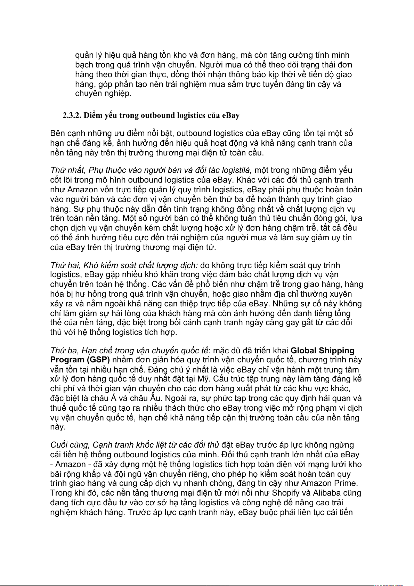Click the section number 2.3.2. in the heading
[x=72, y=115]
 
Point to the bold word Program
[x=66, y=360]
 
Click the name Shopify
[x=286, y=493]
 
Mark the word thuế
[x=58, y=408]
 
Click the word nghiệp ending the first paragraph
[x=118, y=94]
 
